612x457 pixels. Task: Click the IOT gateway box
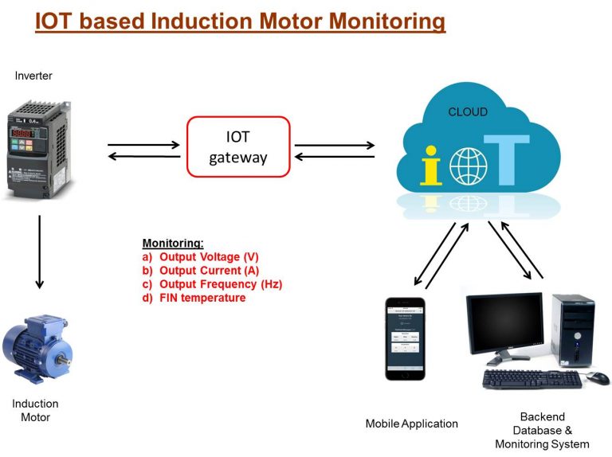click(x=237, y=146)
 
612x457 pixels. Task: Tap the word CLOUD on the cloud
click(x=468, y=112)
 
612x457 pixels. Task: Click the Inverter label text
click(x=33, y=76)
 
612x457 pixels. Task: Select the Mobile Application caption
click(x=411, y=424)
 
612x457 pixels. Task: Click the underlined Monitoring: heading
click(x=173, y=243)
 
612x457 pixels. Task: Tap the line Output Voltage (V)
click(x=209, y=257)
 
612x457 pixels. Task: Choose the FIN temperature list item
click(x=202, y=298)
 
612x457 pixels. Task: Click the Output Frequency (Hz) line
click(x=221, y=284)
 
